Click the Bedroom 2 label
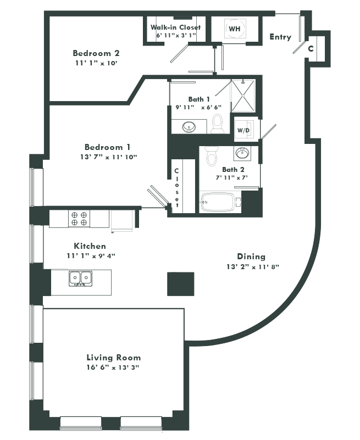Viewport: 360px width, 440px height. point(96,53)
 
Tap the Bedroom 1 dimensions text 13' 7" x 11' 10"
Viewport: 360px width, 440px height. point(108,157)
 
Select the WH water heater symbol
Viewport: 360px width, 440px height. point(234,28)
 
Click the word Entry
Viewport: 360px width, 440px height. point(280,37)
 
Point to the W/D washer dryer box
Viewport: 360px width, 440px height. point(243,130)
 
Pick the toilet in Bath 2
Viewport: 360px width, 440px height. point(212,156)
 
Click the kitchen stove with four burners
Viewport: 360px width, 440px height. point(79,219)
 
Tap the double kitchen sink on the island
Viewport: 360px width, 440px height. point(80,279)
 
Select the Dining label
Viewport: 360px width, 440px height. point(251,257)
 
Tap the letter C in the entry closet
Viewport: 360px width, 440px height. point(311,48)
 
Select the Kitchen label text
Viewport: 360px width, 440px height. point(90,246)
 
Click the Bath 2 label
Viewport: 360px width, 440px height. point(234,170)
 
